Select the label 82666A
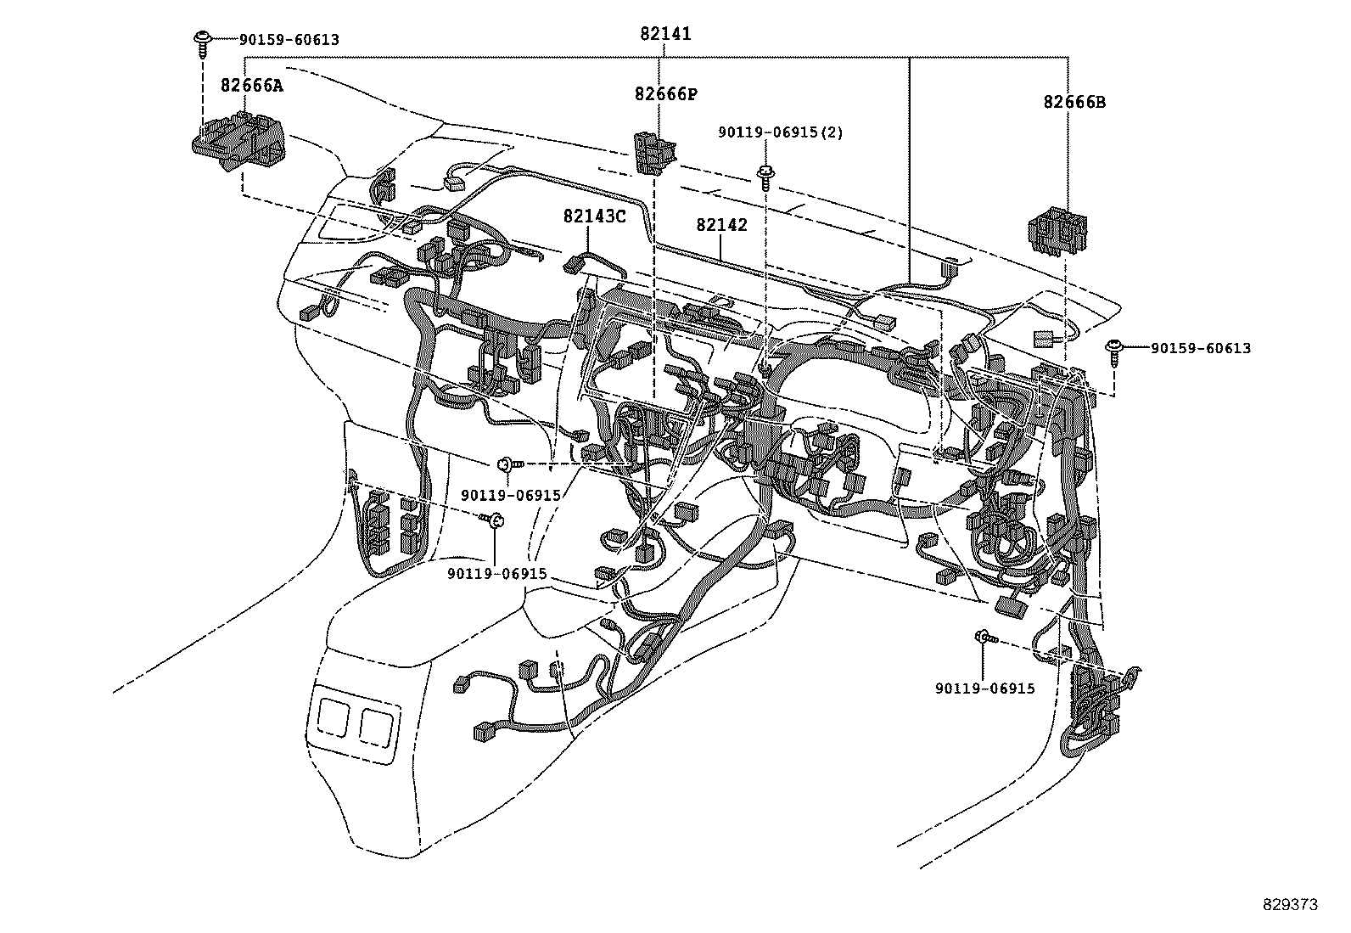point(251,85)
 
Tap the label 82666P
point(665,93)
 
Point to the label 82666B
point(1074,102)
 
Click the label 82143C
point(594,216)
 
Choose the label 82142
point(721,225)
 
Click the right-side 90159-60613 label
point(1200,348)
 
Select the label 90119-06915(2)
point(781,132)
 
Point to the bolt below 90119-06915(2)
point(765,176)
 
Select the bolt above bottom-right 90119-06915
point(984,638)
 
